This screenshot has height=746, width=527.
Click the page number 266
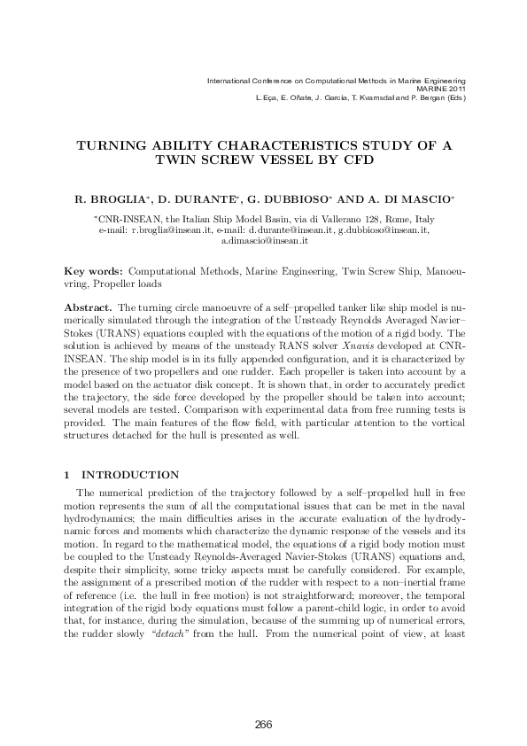263,726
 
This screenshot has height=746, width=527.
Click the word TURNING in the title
112,145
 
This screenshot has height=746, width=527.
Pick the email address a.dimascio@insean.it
263,240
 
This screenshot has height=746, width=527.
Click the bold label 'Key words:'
96,267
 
